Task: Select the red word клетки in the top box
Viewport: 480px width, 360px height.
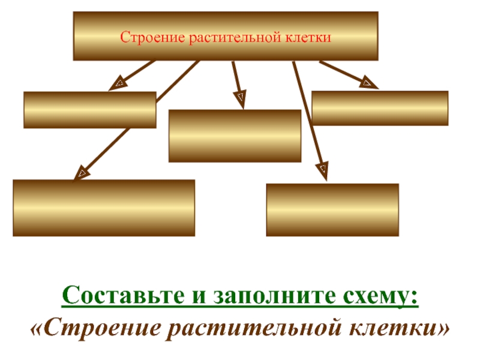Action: pos(310,38)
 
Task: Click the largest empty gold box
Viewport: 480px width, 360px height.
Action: pos(104,208)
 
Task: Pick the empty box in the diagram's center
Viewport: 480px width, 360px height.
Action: pos(235,136)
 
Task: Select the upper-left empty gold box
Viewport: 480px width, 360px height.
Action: pos(90,110)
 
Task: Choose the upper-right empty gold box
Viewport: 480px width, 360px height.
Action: pos(380,108)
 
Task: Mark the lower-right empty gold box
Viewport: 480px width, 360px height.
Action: pos(332,209)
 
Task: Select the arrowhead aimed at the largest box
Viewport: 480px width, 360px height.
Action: pos(82,173)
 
